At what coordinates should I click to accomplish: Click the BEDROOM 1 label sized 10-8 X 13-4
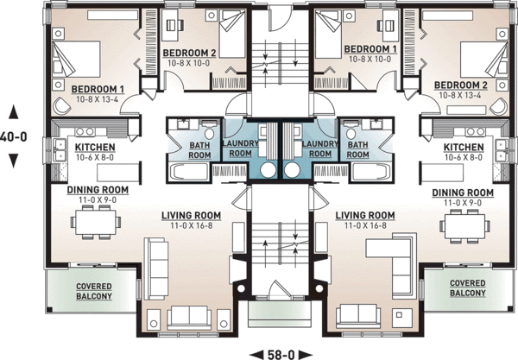coord(98,89)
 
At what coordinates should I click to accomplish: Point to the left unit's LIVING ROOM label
coord(192,215)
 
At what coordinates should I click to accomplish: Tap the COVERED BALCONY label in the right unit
coord(467,288)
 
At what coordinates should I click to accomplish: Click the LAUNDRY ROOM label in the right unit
coord(320,148)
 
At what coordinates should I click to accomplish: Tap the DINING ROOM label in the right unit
coord(462,192)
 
